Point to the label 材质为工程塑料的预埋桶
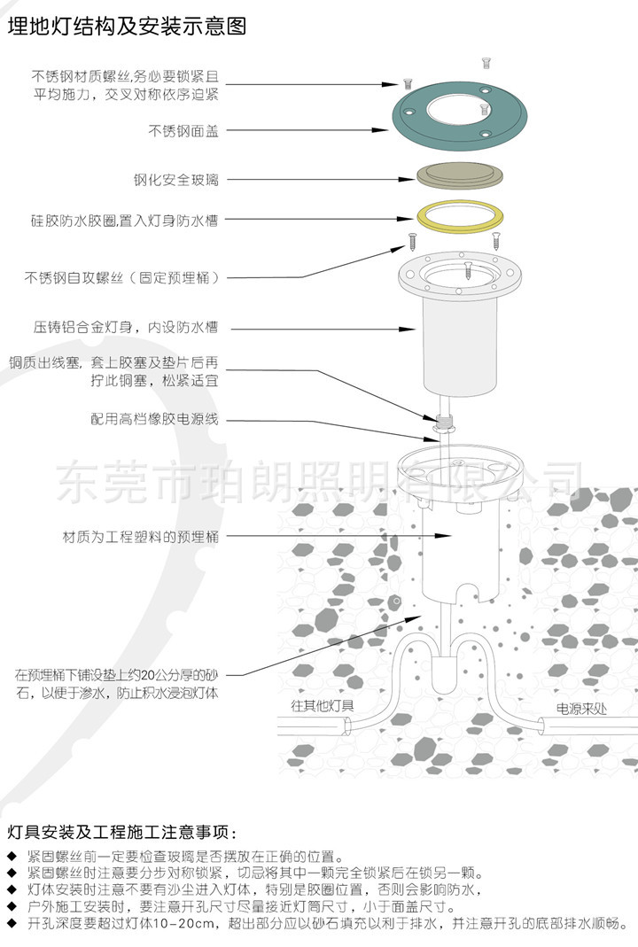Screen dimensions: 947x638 [x=141, y=537]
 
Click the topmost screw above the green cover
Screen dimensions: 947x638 [x=486, y=61]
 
